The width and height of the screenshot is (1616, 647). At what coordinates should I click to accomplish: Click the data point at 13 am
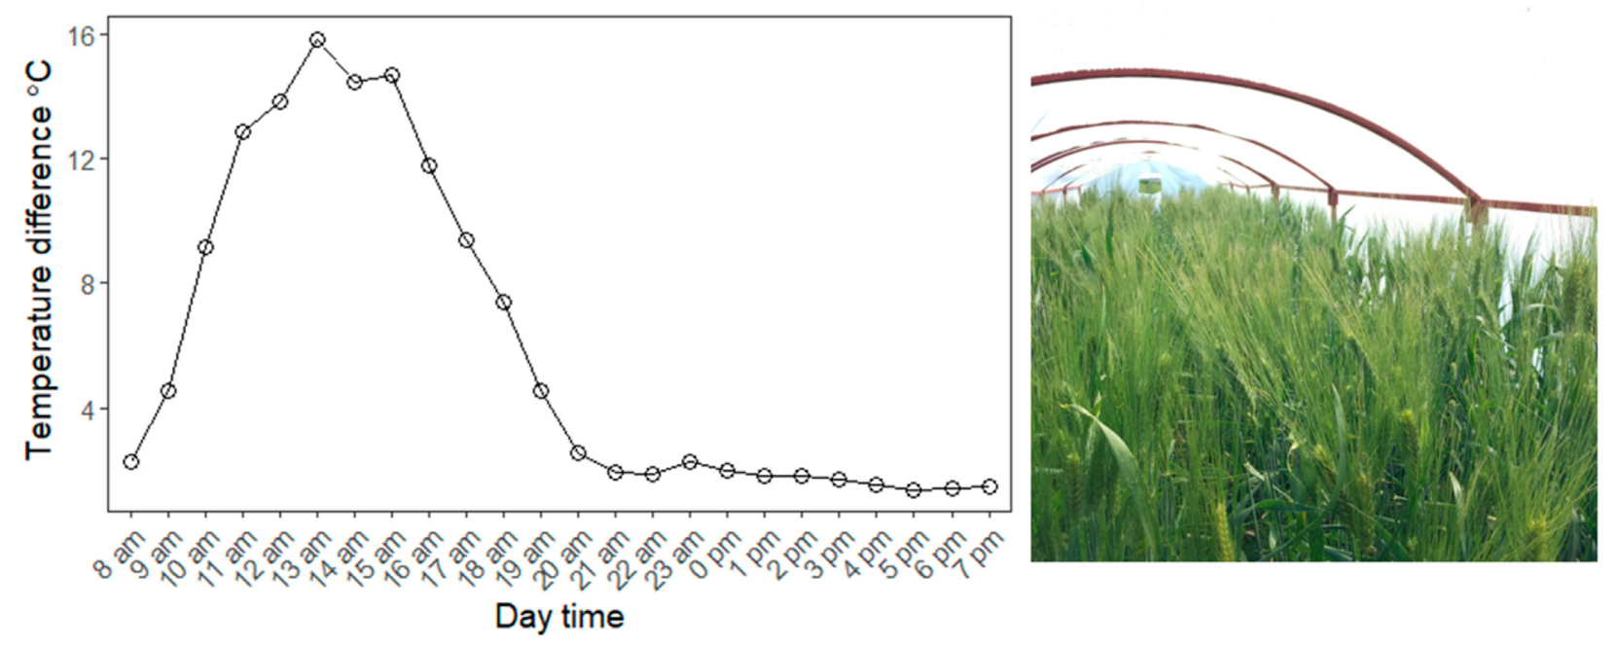317,40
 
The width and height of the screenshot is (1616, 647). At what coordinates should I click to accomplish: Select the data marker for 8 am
130,461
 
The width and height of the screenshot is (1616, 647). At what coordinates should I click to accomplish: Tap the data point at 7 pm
989,486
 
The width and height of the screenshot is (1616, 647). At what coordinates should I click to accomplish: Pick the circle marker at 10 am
205,247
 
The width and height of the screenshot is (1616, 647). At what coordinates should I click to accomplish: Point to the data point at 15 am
392,75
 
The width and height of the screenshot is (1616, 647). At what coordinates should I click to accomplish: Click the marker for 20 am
578,452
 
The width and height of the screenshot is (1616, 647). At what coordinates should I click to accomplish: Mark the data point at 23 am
690,461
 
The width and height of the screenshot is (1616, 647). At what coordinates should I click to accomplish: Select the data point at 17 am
466,239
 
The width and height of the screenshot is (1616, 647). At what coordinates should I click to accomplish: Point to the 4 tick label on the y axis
88,410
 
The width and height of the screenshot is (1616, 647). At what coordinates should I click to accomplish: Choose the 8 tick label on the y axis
88,284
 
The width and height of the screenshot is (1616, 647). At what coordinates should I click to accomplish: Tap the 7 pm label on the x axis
981,552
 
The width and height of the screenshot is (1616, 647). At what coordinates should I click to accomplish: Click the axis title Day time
559,616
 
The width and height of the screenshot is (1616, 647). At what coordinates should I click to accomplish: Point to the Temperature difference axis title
39,261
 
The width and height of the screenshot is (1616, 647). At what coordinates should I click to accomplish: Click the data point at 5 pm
914,489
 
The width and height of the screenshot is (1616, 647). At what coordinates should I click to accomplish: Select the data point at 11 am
243,131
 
